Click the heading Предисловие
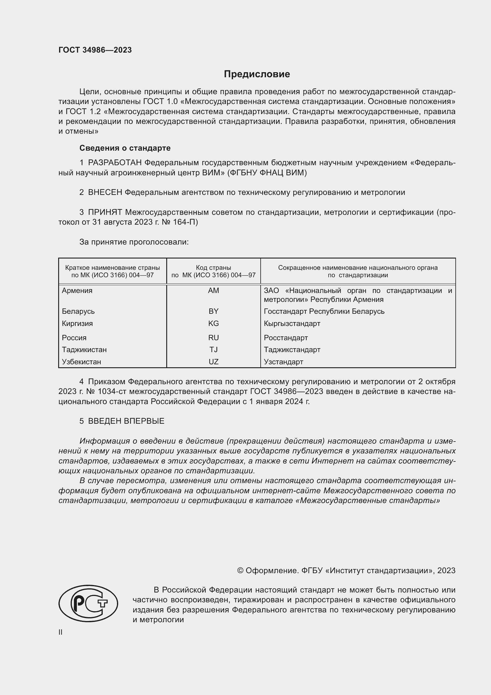(x=257, y=74)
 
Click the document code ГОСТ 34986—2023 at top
(x=95, y=50)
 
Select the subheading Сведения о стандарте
(x=125, y=148)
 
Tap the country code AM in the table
(x=213, y=291)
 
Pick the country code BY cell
(x=213, y=311)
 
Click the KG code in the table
(x=213, y=323)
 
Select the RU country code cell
(x=213, y=338)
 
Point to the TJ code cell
(x=213, y=350)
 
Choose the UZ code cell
(x=213, y=362)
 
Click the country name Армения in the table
(x=77, y=291)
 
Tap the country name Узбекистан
(x=81, y=362)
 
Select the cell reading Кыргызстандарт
(x=292, y=323)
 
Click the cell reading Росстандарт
(x=286, y=338)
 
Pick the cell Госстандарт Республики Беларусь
(x=324, y=311)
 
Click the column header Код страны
(x=213, y=268)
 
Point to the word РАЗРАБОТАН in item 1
(x=115, y=163)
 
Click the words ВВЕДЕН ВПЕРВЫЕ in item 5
(x=126, y=421)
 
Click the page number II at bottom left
(x=61, y=632)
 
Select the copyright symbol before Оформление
(x=240, y=571)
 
